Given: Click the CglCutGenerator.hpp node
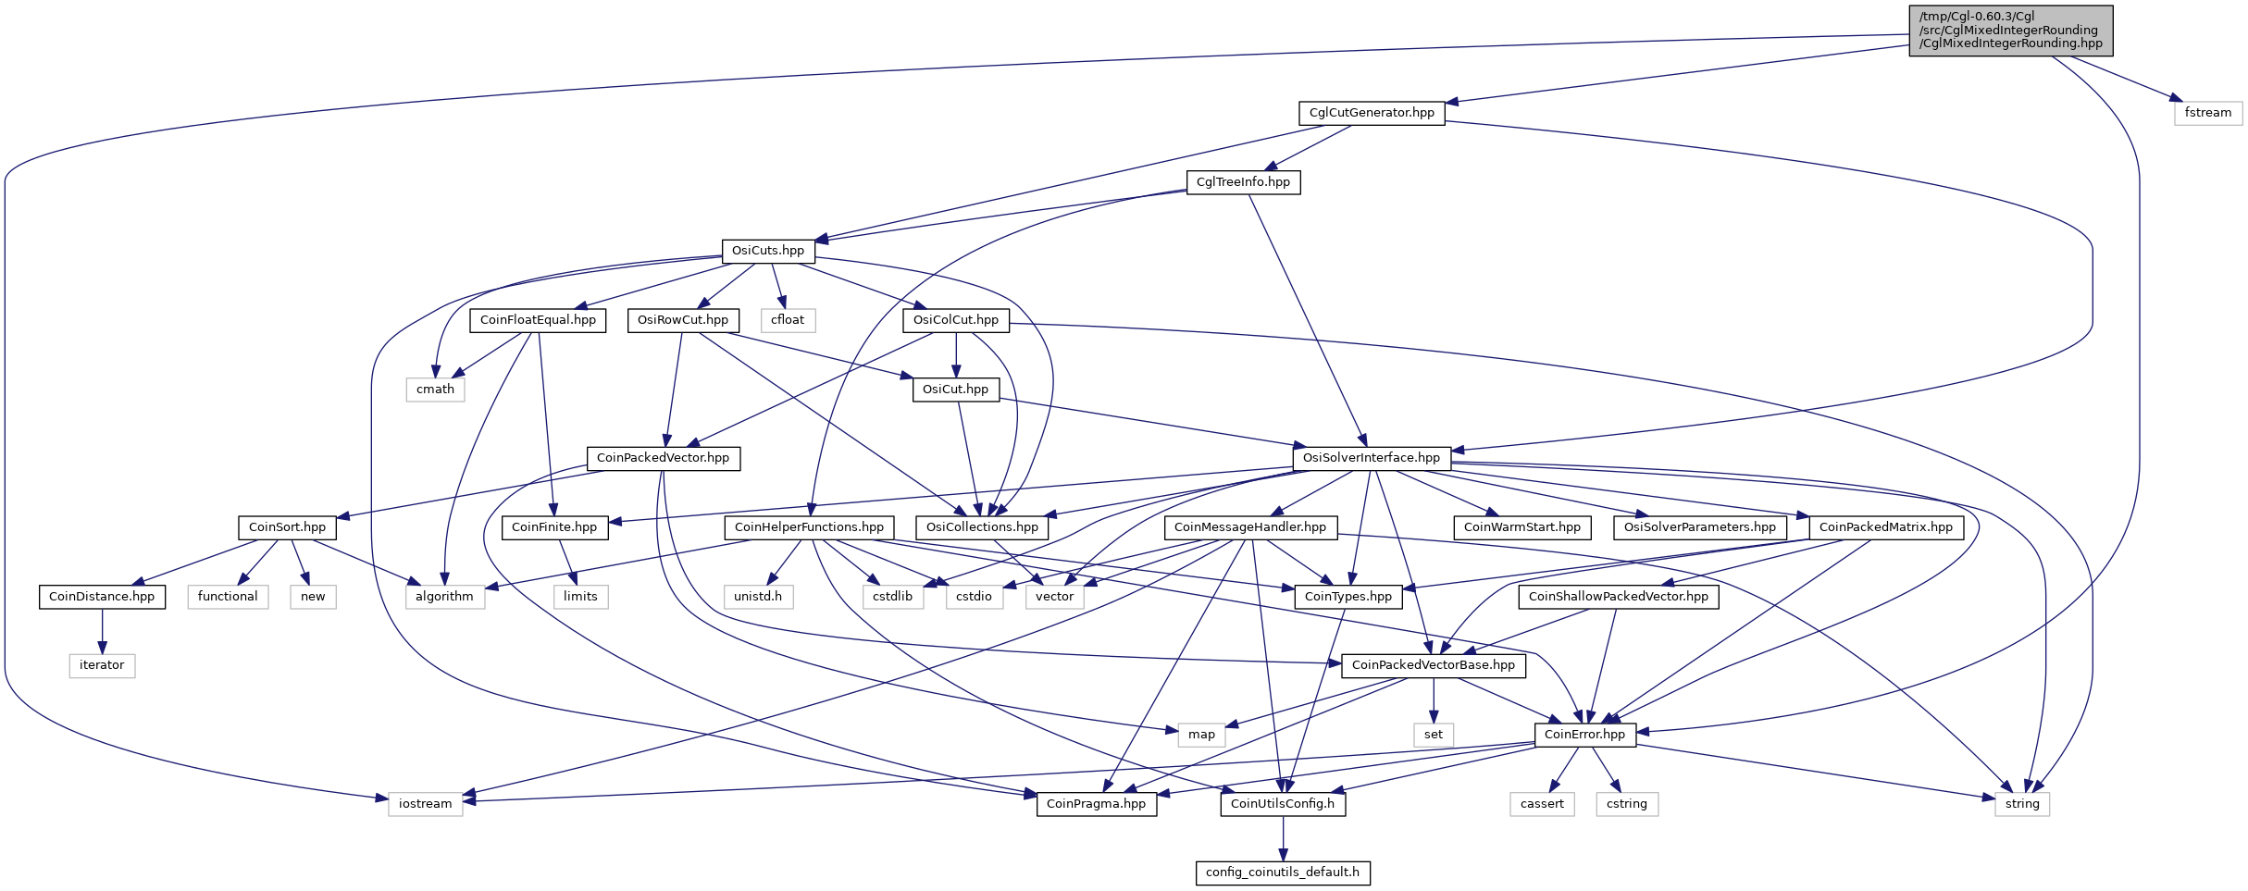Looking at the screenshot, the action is pyautogui.click(x=1371, y=113).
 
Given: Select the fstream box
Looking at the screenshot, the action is pyautogui.click(x=2207, y=113).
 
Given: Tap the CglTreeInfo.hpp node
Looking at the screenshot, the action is pyautogui.click(x=1243, y=182).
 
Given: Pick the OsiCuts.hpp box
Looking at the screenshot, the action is pyautogui.click(x=768, y=251).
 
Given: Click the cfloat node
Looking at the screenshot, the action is pyautogui.click(x=788, y=320).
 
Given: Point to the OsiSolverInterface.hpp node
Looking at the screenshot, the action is pyautogui.click(x=1372, y=458).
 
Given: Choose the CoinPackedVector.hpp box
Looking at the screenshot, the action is pyautogui.click(x=663, y=458).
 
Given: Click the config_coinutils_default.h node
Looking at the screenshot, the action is pyautogui.click(x=1283, y=872).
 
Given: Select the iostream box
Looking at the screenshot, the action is pyautogui.click(x=426, y=804).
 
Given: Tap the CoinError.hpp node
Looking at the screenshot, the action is pyautogui.click(x=1584, y=735).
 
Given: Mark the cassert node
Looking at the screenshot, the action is pyautogui.click(x=1542, y=804).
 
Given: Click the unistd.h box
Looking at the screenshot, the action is pyautogui.click(x=758, y=597).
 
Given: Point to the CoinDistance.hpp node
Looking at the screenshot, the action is pyautogui.click(x=102, y=597).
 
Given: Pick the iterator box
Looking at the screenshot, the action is pyautogui.click(x=102, y=665).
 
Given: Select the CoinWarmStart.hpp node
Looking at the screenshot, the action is pyautogui.click(x=1522, y=527).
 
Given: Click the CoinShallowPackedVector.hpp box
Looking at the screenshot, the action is pyautogui.click(x=1619, y=597).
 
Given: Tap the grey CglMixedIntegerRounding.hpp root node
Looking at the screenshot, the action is pyautogui.click(x=2011, y=31).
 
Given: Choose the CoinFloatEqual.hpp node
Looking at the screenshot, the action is pyautogui.click(x=539, y=320).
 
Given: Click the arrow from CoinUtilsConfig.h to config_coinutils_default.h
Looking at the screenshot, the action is pyautogui.click(x=1283, y=838).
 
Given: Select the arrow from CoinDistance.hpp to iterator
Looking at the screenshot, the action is pyautogui.click(x=102, y=631).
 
